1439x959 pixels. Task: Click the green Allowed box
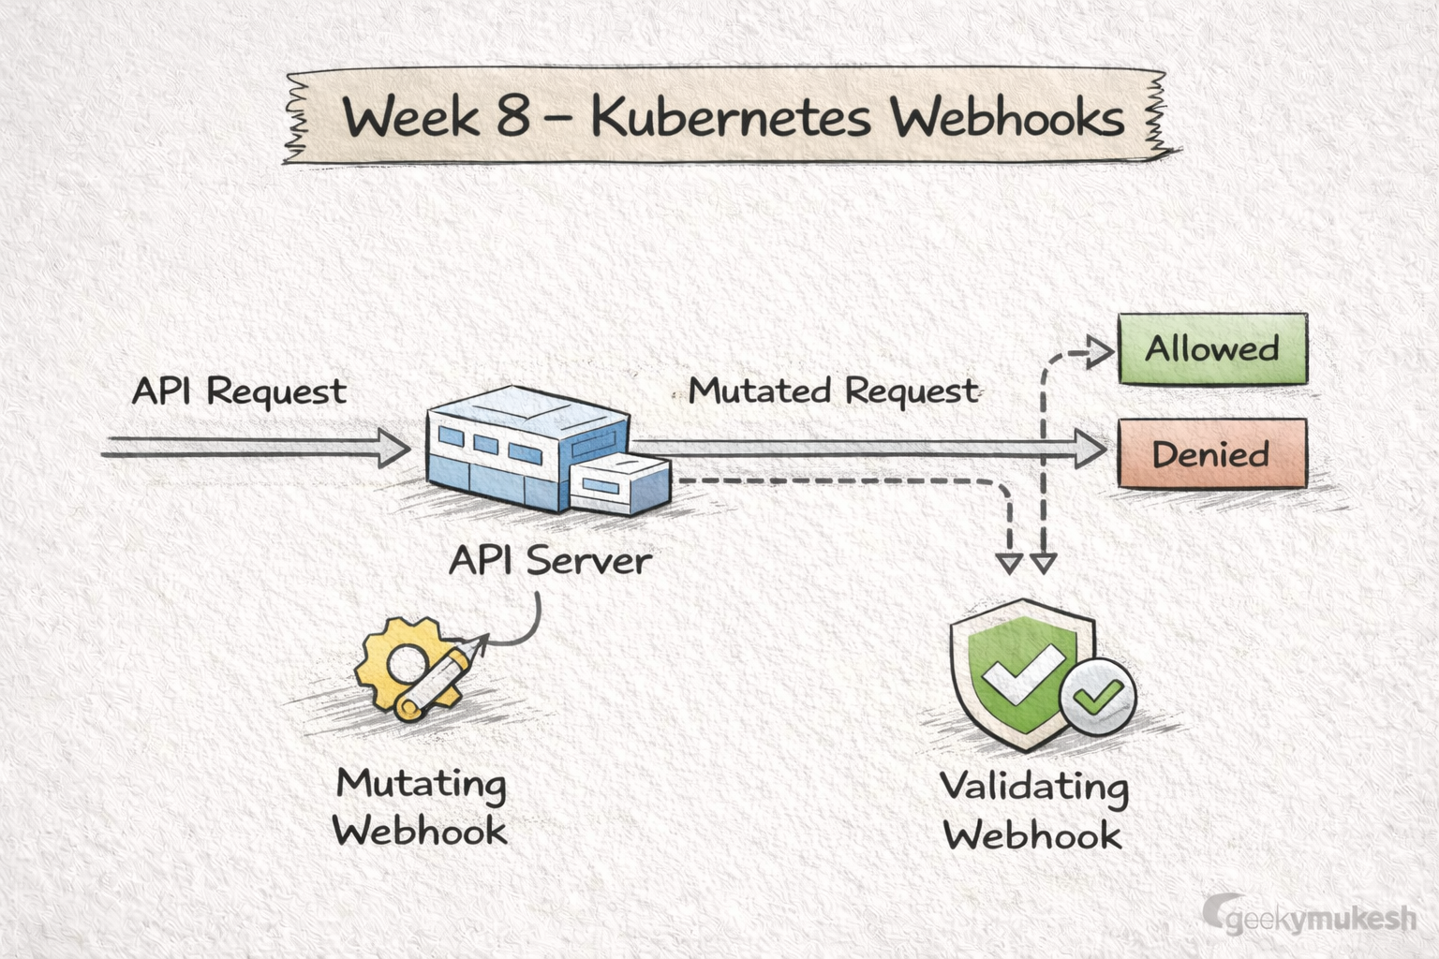(x=1212, y=349)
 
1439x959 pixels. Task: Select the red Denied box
(x=1211, y=454)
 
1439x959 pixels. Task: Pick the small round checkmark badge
(x=1098, y=696)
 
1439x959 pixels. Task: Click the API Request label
(x=239, y=391)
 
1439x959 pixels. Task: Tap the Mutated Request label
(x=833, y=391)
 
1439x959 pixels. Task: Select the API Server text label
(x=550, y=561)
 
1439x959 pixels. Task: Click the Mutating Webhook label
(x=421, y=806)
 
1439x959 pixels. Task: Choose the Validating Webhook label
(x=1033, y=810)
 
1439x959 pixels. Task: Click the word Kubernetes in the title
(x=732, y=118)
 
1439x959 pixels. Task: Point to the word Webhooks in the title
(x=1007, y=118)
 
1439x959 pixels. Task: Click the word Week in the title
(x=410, y=118)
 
